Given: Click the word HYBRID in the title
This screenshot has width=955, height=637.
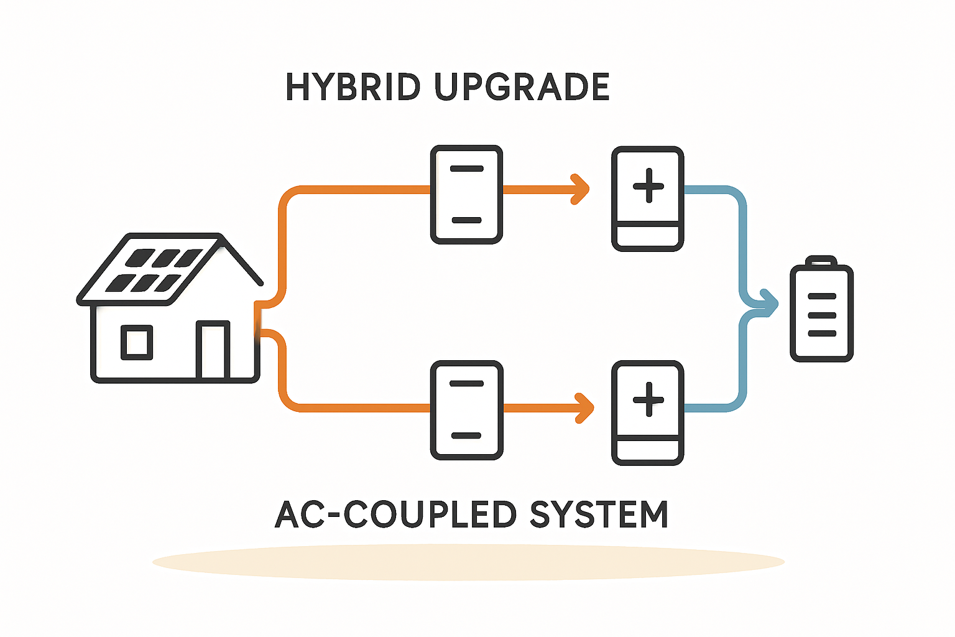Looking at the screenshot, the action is coord(353,87).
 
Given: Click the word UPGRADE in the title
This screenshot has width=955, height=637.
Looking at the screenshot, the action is coord(522,87).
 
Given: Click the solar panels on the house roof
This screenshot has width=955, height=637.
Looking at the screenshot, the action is coord(154,270).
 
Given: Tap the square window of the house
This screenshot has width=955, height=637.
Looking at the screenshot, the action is coord(137,342).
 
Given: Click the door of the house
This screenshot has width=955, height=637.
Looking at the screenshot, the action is coord(213,350).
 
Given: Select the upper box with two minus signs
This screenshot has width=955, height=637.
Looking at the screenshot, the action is coord(466,195).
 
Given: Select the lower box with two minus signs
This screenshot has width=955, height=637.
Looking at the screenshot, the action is coord(466,410).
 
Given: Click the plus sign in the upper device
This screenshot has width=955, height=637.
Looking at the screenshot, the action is coord(648,185).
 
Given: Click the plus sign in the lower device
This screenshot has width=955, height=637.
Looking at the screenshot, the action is coord(648,399).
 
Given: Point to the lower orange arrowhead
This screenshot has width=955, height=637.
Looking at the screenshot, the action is coord(585,408).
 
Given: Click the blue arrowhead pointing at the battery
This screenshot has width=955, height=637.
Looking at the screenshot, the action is coord(770,304).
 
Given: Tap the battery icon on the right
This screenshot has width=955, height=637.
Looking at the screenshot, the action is coord(821,309).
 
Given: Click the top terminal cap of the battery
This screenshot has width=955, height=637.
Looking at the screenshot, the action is coord(821,260).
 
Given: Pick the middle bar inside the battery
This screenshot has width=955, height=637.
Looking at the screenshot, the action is coord(822,315).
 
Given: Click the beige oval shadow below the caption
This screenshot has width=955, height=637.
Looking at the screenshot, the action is coord(469,562).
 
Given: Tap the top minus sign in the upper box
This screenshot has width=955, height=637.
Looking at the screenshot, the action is coord(466,169).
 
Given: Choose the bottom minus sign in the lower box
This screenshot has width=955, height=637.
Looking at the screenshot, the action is coord(466,435).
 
